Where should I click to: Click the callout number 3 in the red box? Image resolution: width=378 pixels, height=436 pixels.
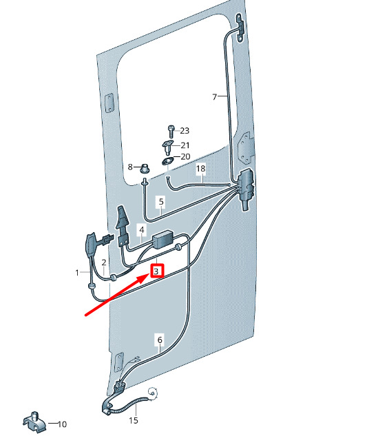tap(156, 271)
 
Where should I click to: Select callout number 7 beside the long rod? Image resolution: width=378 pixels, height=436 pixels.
tap(215, 96)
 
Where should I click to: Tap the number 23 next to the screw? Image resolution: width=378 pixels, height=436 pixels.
tap(185, 130)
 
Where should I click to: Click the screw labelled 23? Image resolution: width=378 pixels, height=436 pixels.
tap(171, 132)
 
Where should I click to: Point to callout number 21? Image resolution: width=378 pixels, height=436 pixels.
tap(185, 145)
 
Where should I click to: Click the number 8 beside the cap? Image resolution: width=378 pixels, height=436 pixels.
tap(130, 167)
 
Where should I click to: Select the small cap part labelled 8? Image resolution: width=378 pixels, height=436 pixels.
tap(145, 168)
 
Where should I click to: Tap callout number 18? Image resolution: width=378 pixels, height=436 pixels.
tap(200, 168)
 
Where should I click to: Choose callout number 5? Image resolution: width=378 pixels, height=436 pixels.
tap(161, 201)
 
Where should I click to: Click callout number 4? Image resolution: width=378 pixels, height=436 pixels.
tap(142, 229)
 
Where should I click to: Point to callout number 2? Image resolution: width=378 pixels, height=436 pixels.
tap(104, 262)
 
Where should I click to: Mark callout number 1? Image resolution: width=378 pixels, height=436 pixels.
tap(77, 273)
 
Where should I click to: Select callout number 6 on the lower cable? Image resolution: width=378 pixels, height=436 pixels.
tap(160, 340)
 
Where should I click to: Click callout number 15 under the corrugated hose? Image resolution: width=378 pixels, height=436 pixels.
tap(134, 420)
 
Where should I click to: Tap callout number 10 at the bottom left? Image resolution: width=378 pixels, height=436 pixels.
tap(62, 424)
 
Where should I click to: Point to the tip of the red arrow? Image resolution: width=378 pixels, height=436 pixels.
tap(150, 274)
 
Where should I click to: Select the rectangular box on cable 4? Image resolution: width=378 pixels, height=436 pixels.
tap(162, 239)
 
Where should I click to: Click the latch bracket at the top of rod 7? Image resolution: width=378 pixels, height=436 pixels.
tap(240, 28)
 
